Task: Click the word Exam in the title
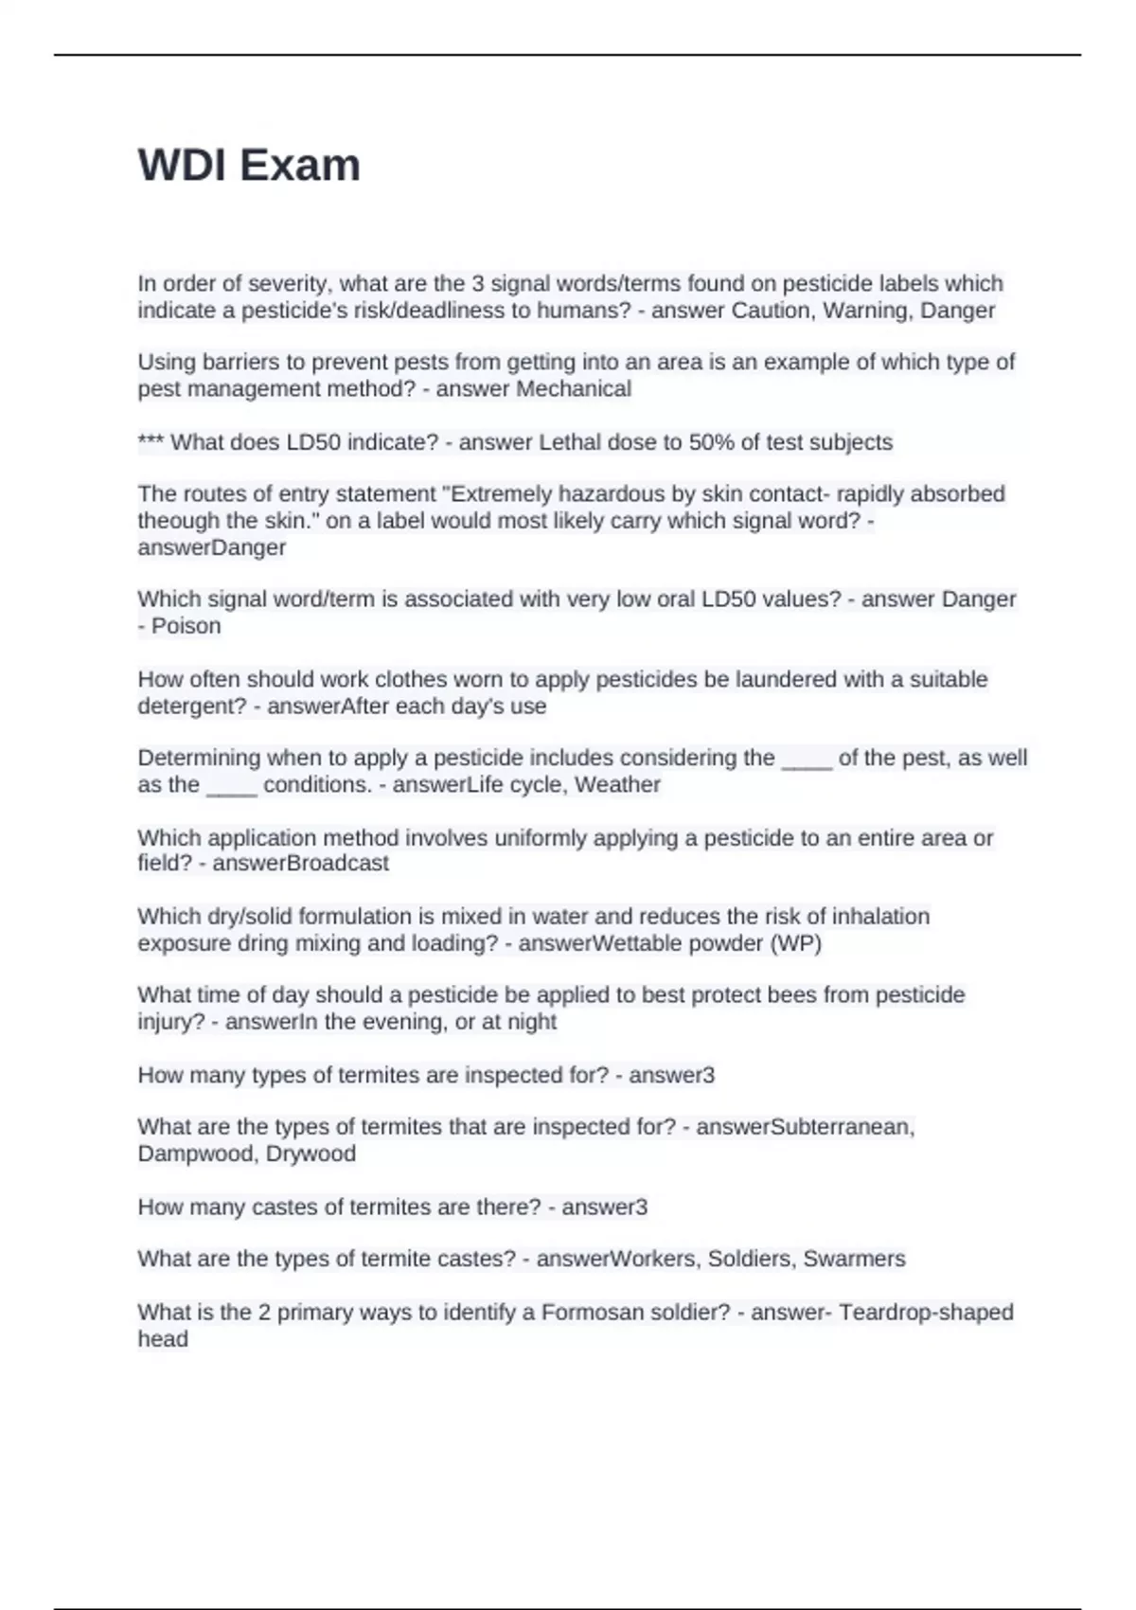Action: [x=300, y=166]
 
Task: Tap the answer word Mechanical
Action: [x=573, y=389]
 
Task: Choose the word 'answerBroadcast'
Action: [x=300, y=864]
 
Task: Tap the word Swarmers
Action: [x=854, y=1259]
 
